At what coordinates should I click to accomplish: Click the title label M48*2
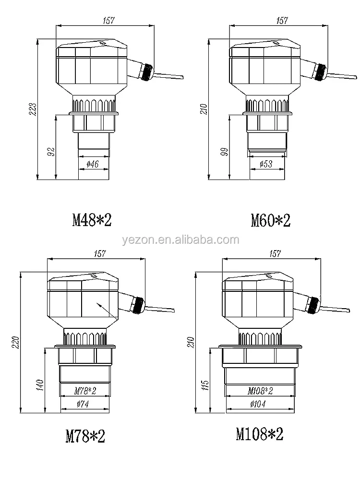(x=92, y=220)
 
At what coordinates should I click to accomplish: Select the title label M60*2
(x=271, y=220)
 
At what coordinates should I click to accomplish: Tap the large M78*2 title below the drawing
(x=85, y=436)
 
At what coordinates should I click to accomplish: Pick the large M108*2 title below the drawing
(x=260, y=434)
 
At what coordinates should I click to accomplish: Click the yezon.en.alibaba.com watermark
(x=180, y=240)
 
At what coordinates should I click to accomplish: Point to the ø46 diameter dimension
(x=93, y=164)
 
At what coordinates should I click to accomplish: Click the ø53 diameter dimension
(x=266, y=164)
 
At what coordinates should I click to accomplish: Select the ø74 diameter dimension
(x=83, y=404)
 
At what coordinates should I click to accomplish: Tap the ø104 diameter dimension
(x=258, y=404)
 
